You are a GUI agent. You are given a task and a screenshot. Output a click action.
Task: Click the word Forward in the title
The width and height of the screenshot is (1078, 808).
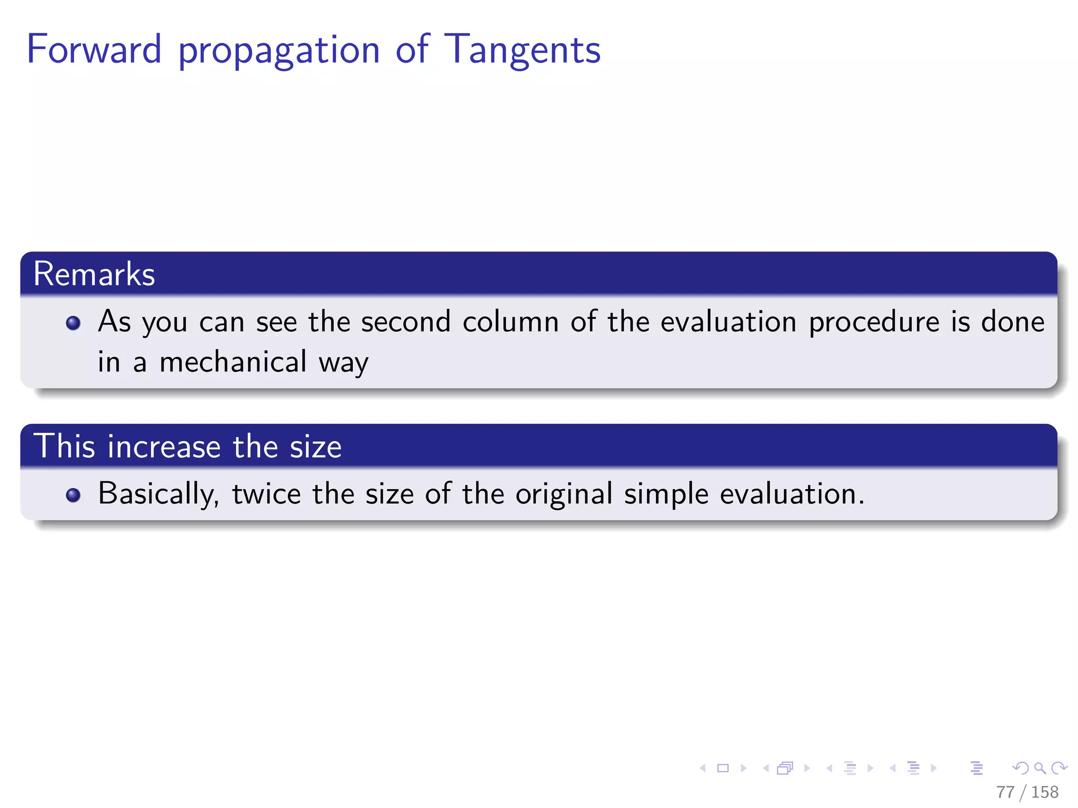click(x=94, y=49)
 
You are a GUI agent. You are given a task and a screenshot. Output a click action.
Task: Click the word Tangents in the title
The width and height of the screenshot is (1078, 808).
click(x=522, y=50)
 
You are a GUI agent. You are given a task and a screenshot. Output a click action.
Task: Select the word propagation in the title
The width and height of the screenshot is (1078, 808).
click(x=279, y=52)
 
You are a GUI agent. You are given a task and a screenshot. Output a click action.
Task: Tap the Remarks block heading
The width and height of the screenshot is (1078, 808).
click(x=94, y=274)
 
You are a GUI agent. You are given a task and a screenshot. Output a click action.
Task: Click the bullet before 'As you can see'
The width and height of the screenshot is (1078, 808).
click(x=73, y=322)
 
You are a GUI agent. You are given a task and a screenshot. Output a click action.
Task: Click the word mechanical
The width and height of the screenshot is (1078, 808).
click(x=233, y=362)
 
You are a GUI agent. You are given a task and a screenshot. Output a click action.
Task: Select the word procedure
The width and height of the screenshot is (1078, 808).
click(x=874, y=322)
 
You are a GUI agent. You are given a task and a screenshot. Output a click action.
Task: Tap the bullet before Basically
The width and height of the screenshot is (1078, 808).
click(x=73, y=495)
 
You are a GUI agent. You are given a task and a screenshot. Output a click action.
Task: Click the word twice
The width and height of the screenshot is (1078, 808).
click(x=266, y=494)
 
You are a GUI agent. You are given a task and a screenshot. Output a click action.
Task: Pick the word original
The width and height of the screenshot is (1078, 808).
click(x=564, y=494)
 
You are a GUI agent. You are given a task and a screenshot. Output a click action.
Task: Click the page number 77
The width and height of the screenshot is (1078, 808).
click(x=1004, y=792)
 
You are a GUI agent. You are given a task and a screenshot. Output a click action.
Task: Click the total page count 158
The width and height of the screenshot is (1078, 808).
click(x=1045, y=792)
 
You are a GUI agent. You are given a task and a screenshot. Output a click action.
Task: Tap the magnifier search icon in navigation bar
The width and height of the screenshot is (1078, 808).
click(x=1040, y=768)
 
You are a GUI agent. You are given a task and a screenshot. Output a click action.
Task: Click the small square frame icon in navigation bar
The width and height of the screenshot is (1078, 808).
click(x=723, y=768)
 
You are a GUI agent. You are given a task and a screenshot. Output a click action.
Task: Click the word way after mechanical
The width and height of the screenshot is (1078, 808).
click(x=343, y=363)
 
